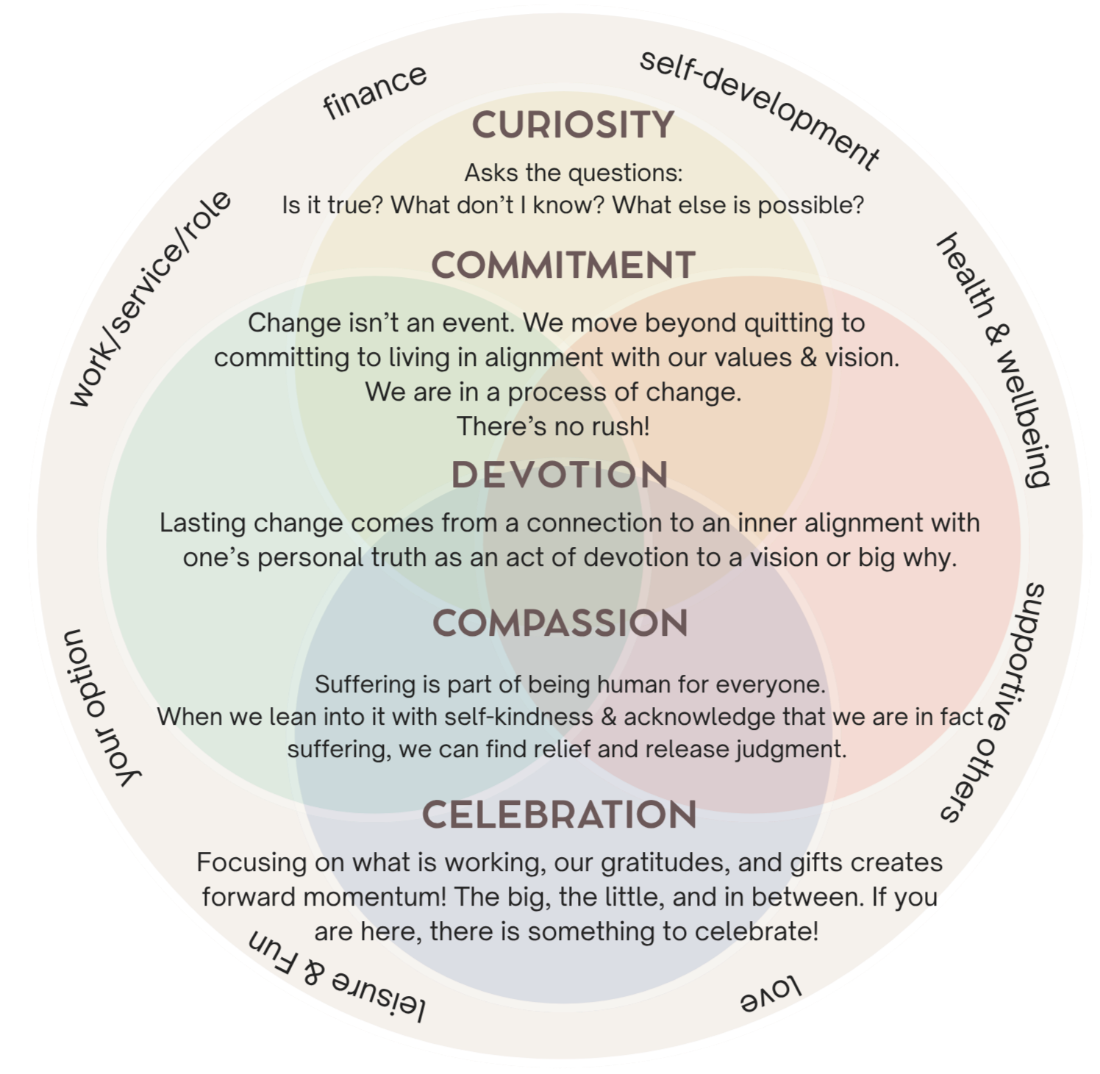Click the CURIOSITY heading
pos(573,125)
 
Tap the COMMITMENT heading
pos(563,265)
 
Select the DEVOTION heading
pos(560,475)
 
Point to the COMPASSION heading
pos(560,623)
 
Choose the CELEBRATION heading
pos(560,815)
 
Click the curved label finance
pos(375,91)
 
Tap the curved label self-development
pos(760,109)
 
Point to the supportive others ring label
pos(996,702)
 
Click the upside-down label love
pos(770,995)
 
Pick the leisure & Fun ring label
pos(337,977)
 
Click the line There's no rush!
pos(554,426)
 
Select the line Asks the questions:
pos(574,173)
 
